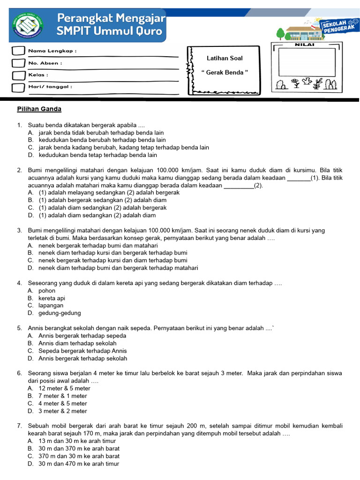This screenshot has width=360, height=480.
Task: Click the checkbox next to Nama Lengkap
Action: point(17,51)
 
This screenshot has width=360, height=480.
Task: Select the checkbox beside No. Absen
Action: point(17,63)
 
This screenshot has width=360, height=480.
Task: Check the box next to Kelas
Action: point(17,75)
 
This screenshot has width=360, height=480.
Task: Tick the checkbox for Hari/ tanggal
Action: point(17,87)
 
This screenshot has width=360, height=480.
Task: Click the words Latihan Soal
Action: point(225,59)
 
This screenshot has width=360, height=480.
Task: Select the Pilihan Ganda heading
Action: point(39,109)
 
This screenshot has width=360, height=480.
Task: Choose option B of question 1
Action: point(102,140)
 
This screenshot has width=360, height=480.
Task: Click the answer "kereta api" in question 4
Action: point(52,298)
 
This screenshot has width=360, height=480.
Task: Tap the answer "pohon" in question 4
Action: point(47,291)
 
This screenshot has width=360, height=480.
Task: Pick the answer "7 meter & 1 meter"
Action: point(63,396)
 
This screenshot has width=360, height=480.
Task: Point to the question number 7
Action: point(19,426)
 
